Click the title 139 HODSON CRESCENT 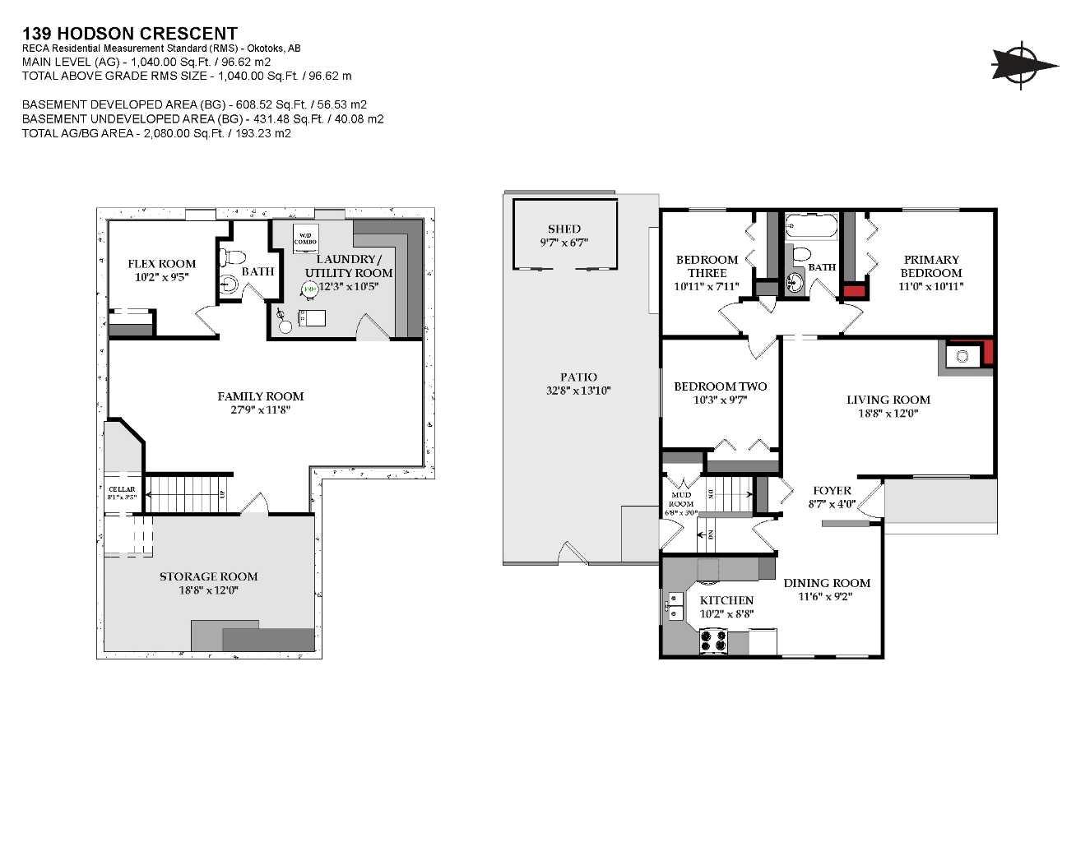point(130,34)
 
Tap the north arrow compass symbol point(1023,64)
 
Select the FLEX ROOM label point(162,264)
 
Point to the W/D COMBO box point(306,235)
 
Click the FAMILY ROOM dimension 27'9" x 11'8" point(261,409)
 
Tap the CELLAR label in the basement point(122,489)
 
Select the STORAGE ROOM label point(208,576)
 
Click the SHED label point(564,229)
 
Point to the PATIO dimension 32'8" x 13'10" point(578,391)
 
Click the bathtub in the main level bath point(811,226)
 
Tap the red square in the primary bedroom point(854,290)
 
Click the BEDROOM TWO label point(720,386)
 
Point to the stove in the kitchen point(713,641)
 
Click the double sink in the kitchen point(675,607)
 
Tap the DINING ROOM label point(826,583)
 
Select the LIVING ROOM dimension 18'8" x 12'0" point(888,414)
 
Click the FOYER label point(832,490)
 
